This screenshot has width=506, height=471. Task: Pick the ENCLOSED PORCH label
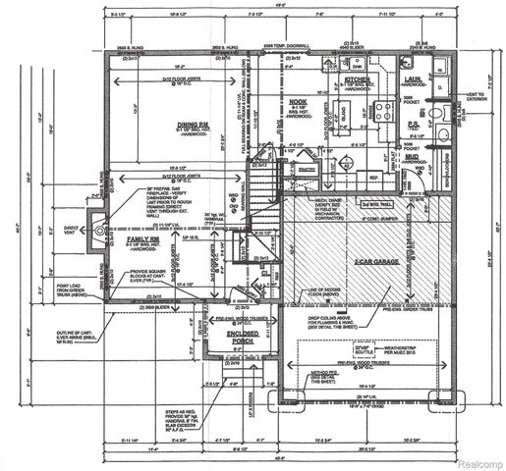(240, 337)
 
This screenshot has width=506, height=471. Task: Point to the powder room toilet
(444, 136)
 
